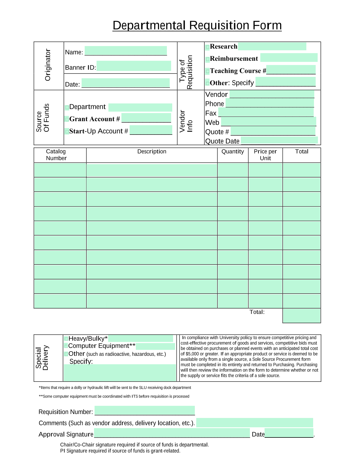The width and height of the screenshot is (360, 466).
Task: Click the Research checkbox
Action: click(x=208, y=47)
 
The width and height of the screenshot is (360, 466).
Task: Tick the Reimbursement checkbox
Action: click(x=208, y=59)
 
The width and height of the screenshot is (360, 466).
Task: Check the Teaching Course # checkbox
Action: click(x=208, y=71)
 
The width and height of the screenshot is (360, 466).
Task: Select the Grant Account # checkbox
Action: click(x=67, y=120)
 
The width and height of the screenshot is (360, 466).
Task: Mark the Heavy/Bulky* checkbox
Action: click(x=66, y=339)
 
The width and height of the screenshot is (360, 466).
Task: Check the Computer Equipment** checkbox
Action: click(x=66, y=346)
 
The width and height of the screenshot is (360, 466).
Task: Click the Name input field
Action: click(x=126, y=51)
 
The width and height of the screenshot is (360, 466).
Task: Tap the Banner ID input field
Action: click(x=134, y=66)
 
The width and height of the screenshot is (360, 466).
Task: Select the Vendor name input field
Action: click(x=272, y=94)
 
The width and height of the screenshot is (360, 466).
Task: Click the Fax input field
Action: click(x=266, y=113)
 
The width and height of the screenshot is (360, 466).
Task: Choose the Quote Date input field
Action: click(x=279, y=140)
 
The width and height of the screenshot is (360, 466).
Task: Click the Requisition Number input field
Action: click(x=145, y=411)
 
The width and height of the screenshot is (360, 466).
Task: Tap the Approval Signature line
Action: click(x=172, y=433)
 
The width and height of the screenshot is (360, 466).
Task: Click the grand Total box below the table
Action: click(x=302, y=316)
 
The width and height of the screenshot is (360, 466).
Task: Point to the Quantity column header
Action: click(x=233, y=152)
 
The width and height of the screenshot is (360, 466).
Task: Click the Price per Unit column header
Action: click(x=265, y=155)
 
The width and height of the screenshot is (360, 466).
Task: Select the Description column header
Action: click(x=152, y=152)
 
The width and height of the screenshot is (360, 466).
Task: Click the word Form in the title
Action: click(x=267, y=25)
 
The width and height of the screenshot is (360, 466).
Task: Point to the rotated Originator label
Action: click(x=48, y=65)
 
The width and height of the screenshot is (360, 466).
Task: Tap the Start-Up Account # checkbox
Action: click(x=67, y=132)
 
